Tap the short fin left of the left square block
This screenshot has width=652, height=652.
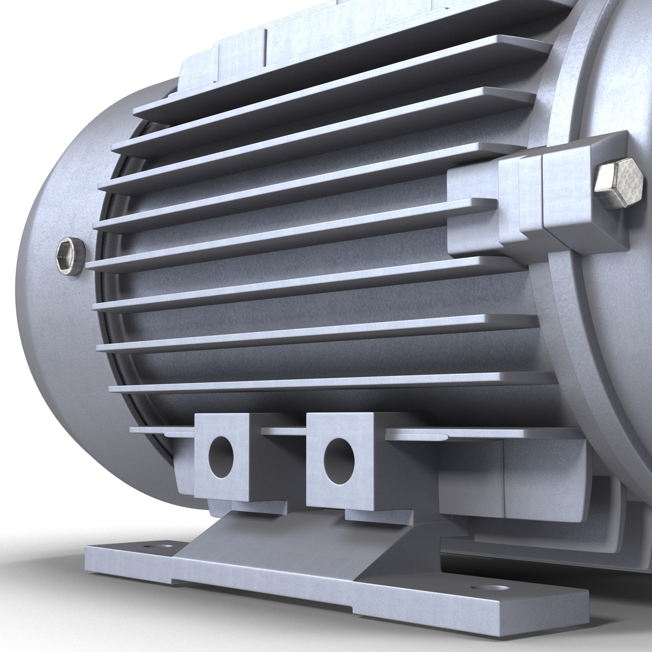(x=158, y=431)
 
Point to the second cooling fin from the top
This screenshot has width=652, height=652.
(x=326, y=117)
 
